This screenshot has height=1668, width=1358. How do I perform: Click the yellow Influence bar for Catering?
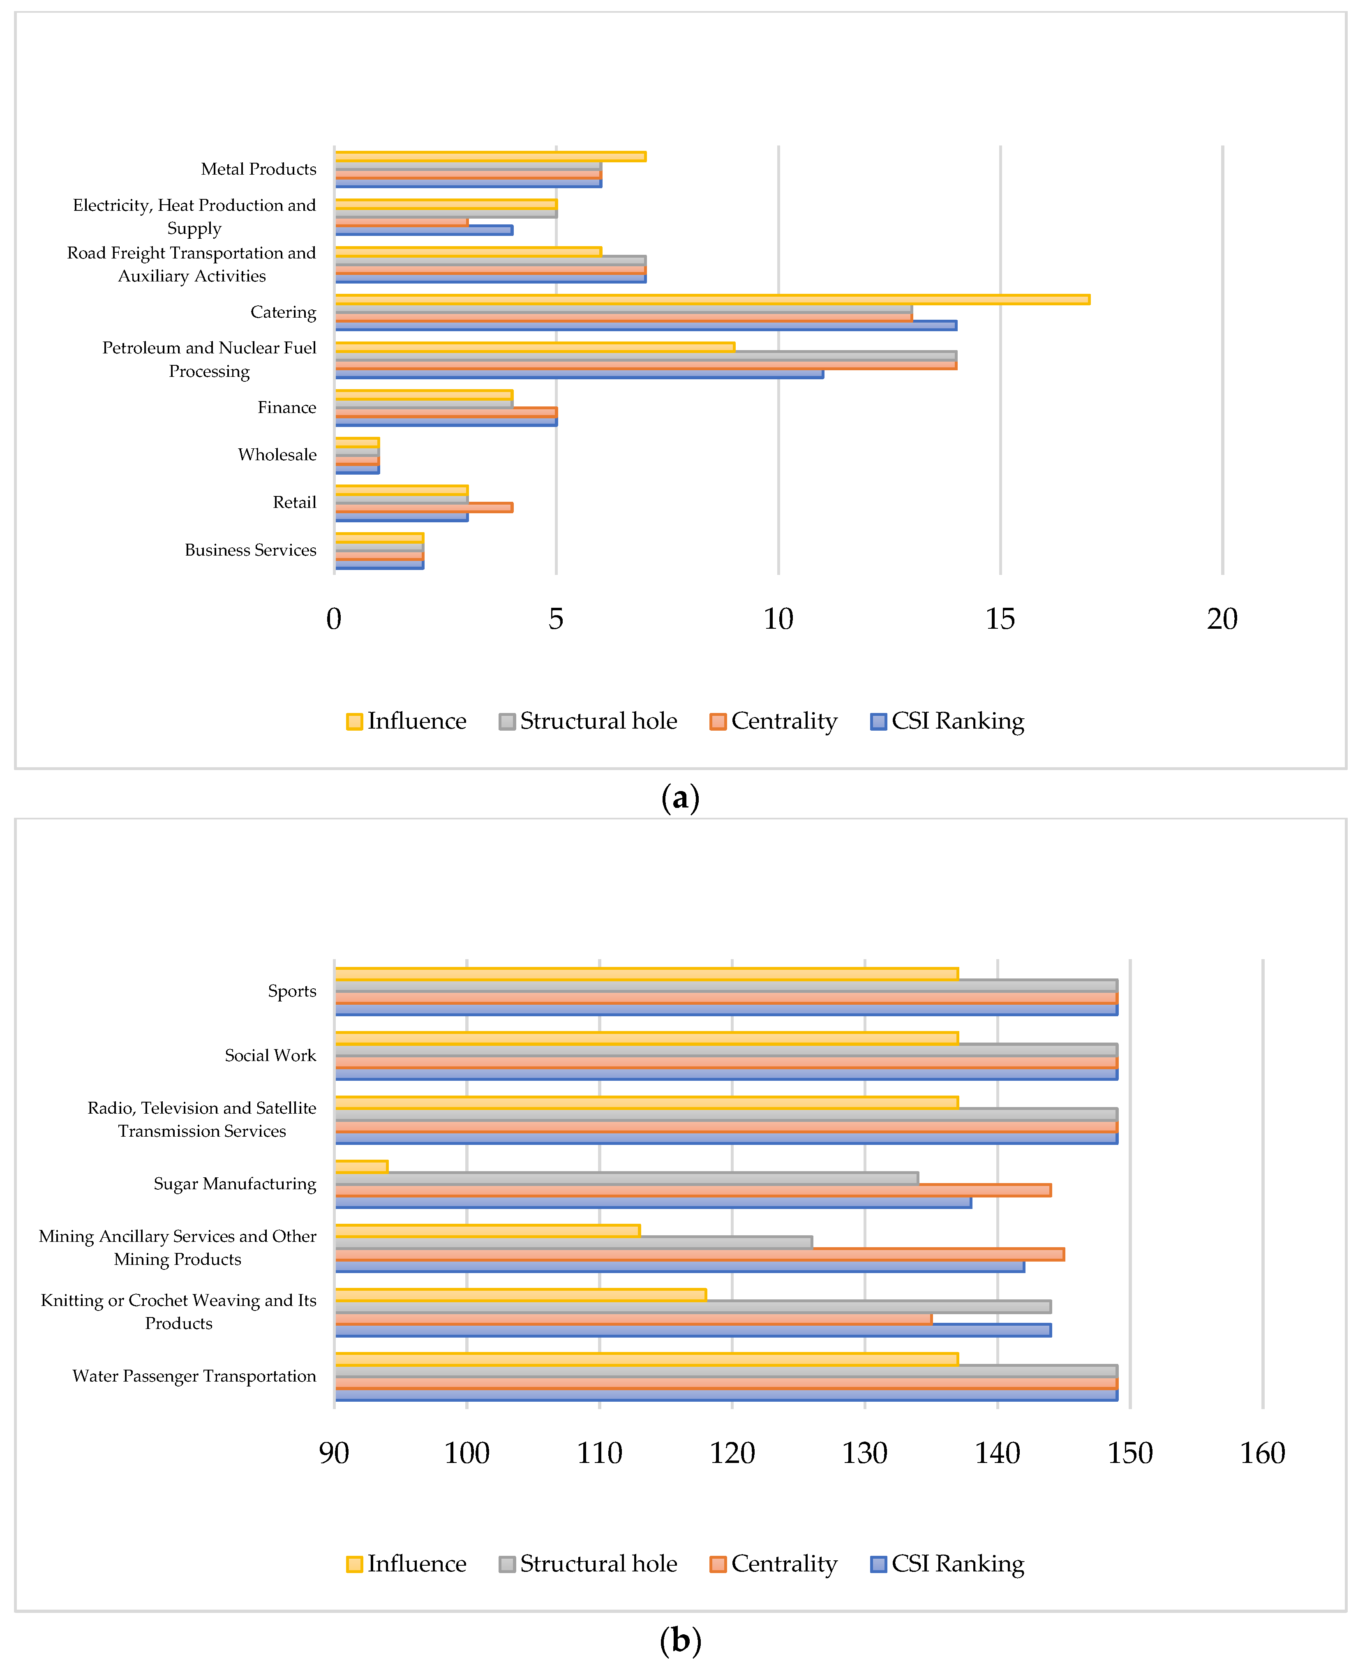712,300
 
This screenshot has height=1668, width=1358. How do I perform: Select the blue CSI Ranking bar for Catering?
645,325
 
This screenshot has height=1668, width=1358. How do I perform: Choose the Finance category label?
286,407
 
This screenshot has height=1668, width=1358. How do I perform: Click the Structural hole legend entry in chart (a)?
588,721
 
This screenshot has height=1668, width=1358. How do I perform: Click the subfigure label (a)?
680,798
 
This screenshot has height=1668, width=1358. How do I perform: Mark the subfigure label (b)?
680,1640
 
